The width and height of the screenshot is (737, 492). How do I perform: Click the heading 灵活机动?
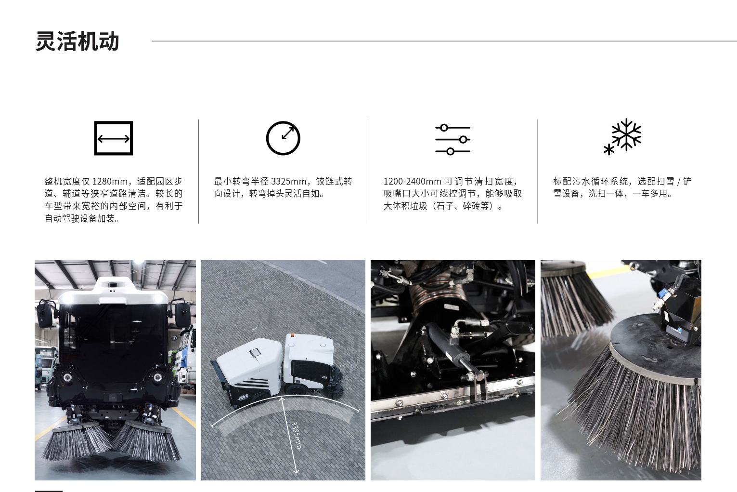point(78,41)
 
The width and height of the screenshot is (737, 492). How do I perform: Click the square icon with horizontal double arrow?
point(114,138)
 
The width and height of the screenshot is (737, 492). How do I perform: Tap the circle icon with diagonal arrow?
point(283,138)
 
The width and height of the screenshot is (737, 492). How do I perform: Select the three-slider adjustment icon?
point(453,139)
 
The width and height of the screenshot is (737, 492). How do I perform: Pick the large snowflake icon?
point(626,135)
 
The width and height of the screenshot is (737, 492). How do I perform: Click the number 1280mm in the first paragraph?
point(110,182)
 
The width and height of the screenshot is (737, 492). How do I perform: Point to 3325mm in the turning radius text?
point(288,182)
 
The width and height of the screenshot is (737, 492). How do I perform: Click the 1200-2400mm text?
point(412,182)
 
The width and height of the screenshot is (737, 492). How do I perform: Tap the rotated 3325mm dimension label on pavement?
point(296,435)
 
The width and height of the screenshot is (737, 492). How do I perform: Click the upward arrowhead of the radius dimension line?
point(282,399)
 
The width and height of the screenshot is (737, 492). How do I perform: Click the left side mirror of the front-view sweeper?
point(44,314)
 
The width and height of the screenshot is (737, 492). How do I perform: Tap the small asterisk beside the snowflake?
point(608,149)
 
